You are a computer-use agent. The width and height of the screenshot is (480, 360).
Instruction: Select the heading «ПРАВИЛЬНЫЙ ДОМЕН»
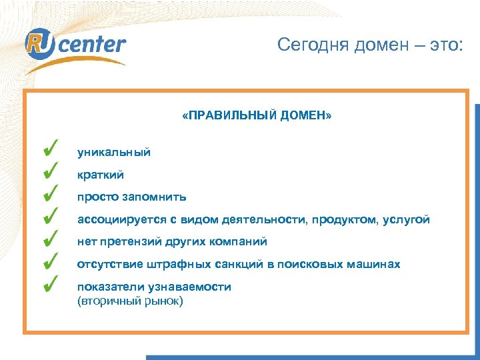pos(256,116)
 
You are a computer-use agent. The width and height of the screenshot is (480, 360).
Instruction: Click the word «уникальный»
pos(114,153)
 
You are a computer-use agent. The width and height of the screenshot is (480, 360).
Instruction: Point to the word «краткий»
pos(100,175)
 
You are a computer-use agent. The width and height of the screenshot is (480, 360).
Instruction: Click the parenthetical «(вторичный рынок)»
pos(130,301)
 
